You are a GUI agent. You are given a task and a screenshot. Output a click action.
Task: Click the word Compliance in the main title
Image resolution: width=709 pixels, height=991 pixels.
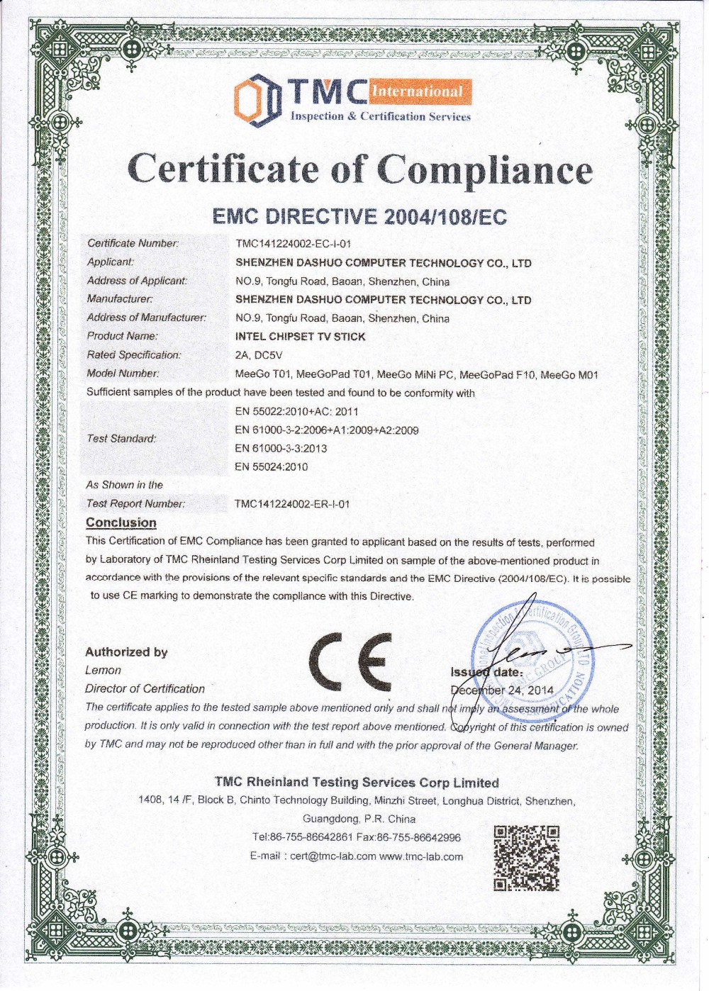coord(484,170)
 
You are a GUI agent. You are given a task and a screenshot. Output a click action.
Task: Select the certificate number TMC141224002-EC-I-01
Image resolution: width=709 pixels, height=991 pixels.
coord(294,244)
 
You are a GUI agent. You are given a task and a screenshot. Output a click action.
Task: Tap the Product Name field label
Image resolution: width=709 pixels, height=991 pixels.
coord(122,336)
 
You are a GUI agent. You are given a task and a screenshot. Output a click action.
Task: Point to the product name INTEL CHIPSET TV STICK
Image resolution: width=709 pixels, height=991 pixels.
coord(301,337)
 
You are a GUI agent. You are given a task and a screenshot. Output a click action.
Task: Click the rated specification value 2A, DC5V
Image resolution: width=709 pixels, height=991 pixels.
coord(259,355)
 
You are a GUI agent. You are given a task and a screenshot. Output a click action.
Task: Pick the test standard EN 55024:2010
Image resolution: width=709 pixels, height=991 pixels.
coord(272,467)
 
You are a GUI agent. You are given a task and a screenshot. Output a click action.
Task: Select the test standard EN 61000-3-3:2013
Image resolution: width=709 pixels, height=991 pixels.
coord(281,449)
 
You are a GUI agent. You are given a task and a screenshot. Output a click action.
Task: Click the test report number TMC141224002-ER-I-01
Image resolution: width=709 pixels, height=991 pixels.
coord(292,504)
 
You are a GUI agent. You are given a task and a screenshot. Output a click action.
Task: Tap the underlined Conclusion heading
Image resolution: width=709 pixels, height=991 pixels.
coord(121,523)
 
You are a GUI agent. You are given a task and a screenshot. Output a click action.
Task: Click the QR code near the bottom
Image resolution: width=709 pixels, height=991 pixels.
coord(526,858)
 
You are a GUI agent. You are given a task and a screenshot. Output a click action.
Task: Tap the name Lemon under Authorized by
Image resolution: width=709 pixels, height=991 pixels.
coord(103,671)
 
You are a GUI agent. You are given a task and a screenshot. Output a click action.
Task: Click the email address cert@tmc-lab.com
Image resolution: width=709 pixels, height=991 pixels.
coord(333,856)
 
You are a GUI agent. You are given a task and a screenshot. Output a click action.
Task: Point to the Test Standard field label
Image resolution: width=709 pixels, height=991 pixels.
coord(121,439)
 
